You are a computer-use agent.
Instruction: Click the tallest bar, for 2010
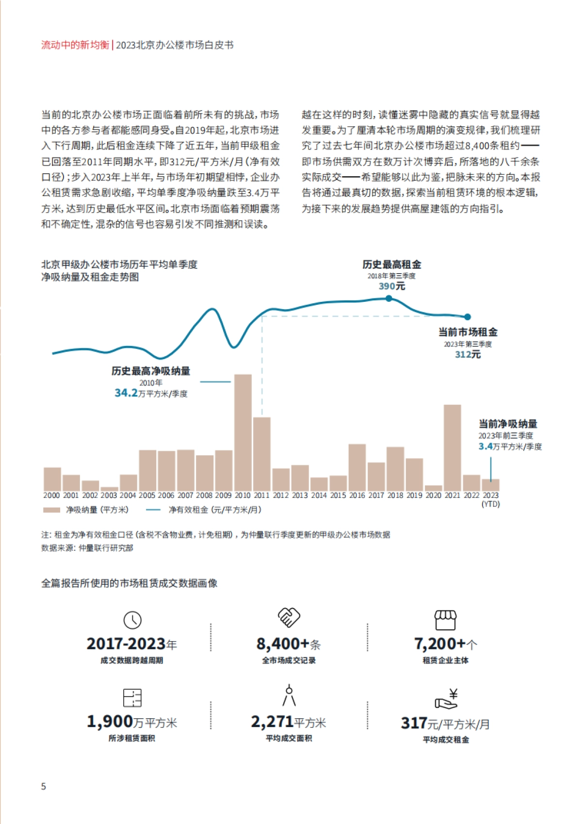[242, 432]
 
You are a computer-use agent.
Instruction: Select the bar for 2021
[452, 447]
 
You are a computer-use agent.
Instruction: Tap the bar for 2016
[357, 467]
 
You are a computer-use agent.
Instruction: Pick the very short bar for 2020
[433, 487]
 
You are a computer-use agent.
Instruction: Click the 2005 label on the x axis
[147, 495]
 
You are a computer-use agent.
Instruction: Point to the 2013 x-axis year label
[300, 495]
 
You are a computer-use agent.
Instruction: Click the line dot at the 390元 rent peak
[389, 298]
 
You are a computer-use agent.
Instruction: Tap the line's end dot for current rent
[468, 317]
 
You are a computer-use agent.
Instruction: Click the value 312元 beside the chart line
[468, 355]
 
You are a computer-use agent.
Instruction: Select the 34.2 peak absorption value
[126, 393]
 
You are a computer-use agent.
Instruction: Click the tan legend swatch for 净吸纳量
[51, 510]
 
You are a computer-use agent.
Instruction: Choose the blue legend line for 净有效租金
[153, 510]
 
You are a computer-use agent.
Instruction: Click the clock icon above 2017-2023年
[132, 620]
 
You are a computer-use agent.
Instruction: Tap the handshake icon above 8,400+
[289, 617]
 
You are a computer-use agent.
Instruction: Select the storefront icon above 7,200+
[445, 619]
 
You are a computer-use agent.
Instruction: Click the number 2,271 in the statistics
[272, 722]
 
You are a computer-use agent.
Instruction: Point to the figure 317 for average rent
[414, 723]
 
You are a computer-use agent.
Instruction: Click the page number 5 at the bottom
[44, 787]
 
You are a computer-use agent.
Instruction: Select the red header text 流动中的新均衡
[75, 45]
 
